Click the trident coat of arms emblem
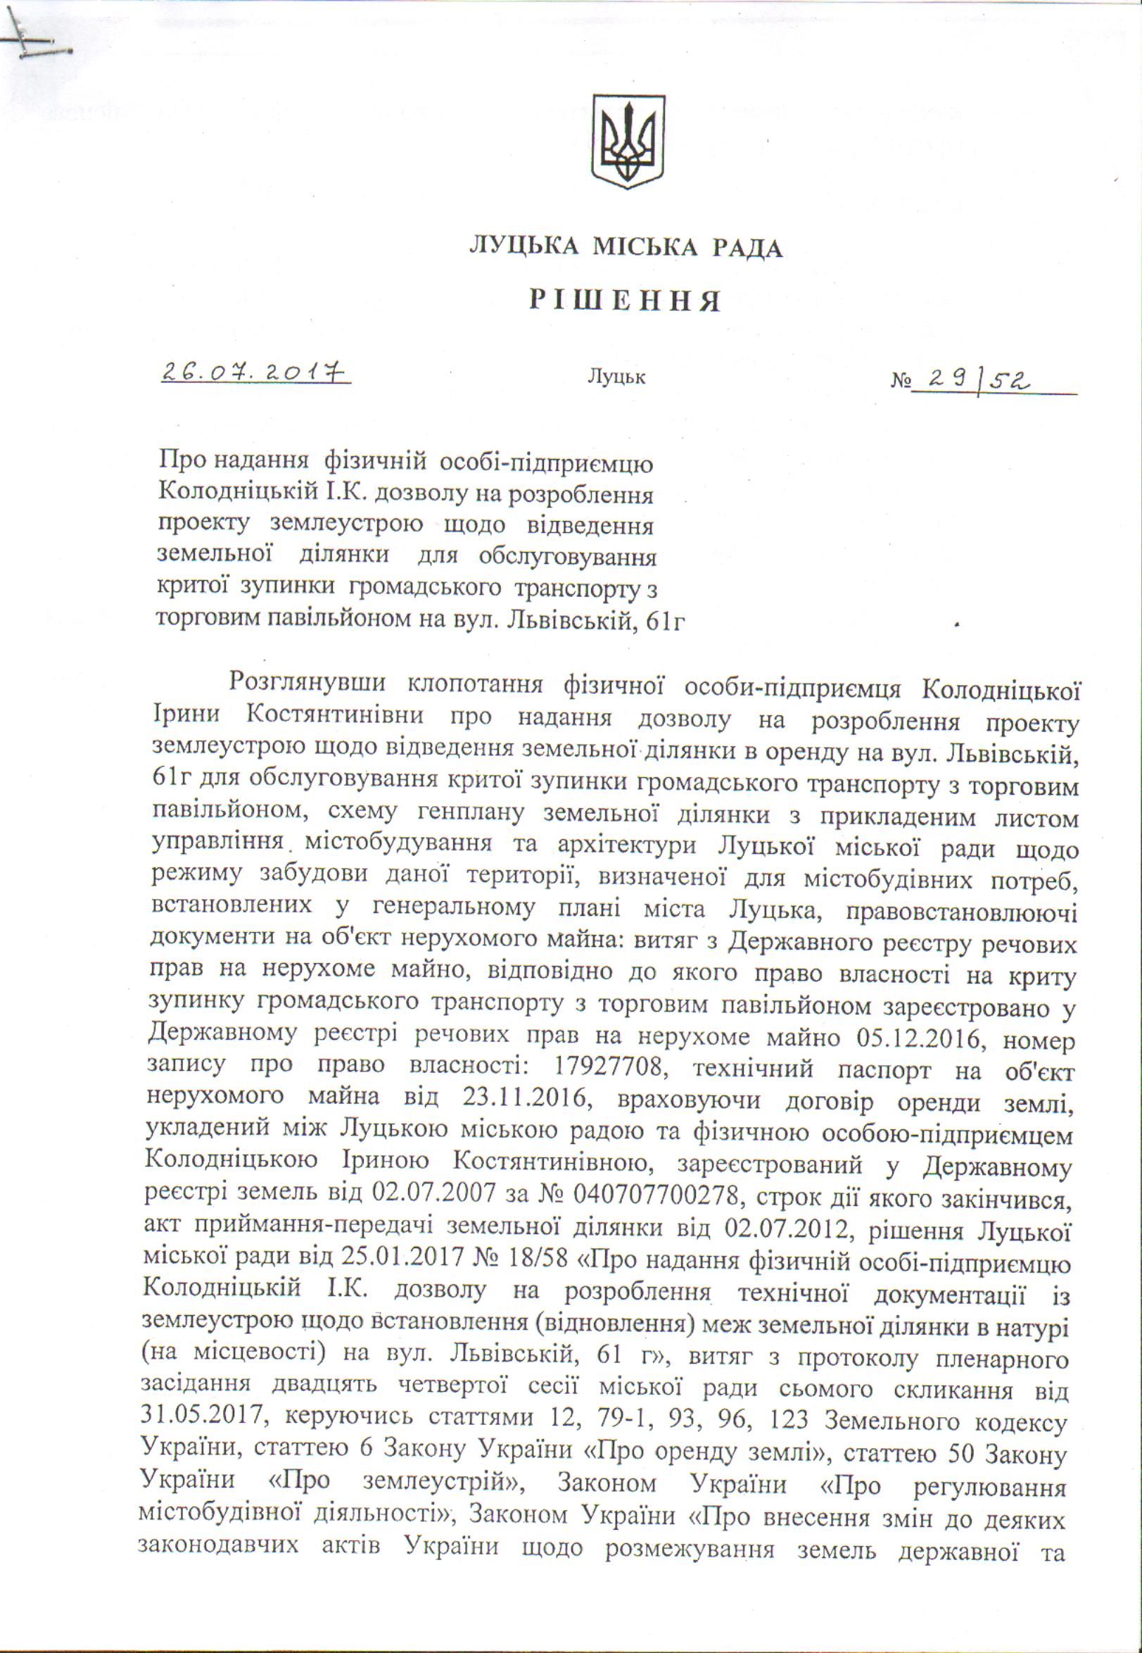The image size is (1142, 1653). click(627, 142)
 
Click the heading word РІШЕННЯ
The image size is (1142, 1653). click(625, 301)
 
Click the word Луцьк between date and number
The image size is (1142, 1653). click(616, 377)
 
